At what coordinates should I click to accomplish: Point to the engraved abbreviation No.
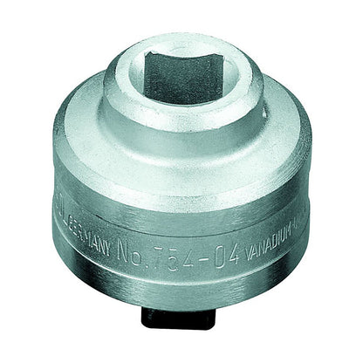(140, 258)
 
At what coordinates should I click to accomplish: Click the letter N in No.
(134, 258)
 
